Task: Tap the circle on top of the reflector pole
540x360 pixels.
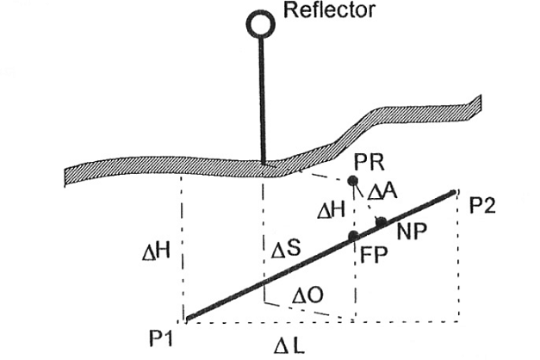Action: pyautogui.click(x=259, y=23)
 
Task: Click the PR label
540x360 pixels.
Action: pyautogui.click(x=369, y=162)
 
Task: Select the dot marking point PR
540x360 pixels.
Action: pyautogui.click(x=352, y=181)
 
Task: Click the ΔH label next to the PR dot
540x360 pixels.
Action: pyautogui.click(x=333, y=209)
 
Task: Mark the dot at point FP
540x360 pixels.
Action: pyautogui.click(x=352, y=236)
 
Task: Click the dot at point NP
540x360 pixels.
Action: pyautogui.click(x=382, y=222)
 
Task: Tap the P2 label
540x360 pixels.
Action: pyautogui.click(x=484, y=207)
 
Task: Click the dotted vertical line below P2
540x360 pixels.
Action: pyautogui.click(x=455, y=258)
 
